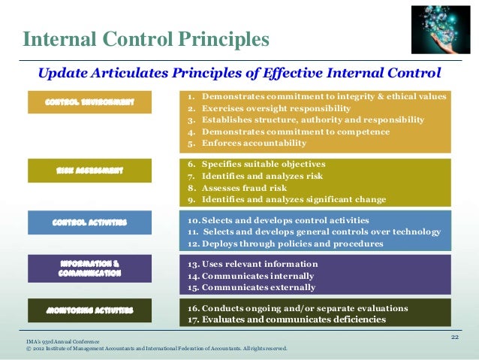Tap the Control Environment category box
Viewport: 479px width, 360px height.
(89, 102)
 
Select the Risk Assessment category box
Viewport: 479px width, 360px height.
(89, 171)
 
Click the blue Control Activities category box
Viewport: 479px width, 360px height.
(89, 222)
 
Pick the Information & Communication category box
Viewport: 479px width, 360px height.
(89, 268)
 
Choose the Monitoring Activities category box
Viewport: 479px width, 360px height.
(89, 310)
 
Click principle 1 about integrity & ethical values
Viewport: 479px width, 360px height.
(316, 97)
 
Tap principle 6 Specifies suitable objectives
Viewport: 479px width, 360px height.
(256, 164)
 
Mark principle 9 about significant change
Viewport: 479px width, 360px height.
(286, 199)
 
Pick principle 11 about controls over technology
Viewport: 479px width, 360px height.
(314, 231)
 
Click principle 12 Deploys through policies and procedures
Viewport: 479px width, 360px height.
(285, 244)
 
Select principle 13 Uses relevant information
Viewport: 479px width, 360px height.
(253, 264)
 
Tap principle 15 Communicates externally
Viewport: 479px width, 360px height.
(252, 287)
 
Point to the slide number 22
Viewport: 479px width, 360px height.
(453, 337)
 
